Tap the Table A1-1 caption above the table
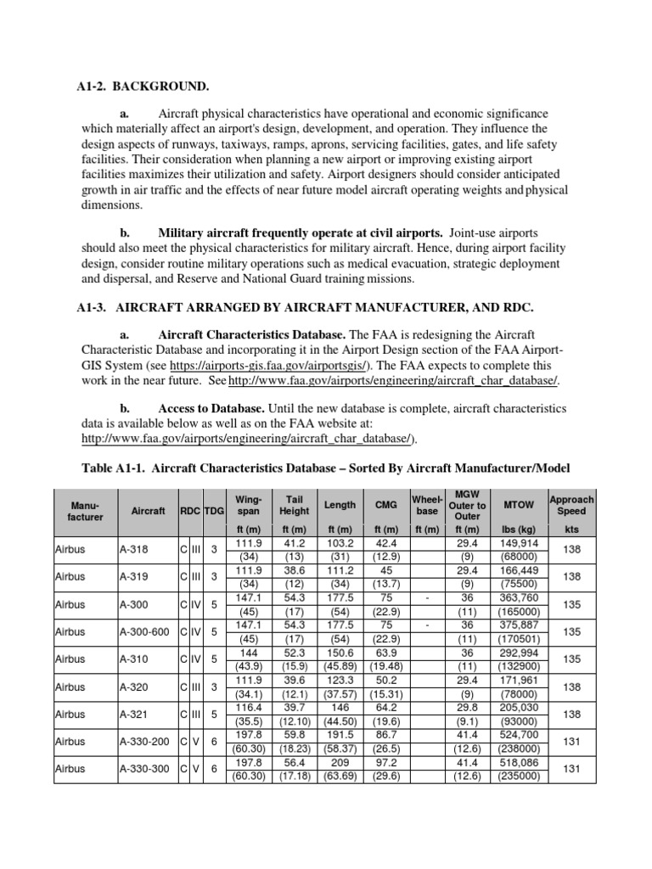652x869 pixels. [326, 468]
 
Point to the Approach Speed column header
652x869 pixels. [571, 505]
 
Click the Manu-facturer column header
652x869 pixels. [84, 510]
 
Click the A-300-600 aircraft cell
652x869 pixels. [141, 631]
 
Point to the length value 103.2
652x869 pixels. [340, 543]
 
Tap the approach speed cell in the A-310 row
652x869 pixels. [571, 659]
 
